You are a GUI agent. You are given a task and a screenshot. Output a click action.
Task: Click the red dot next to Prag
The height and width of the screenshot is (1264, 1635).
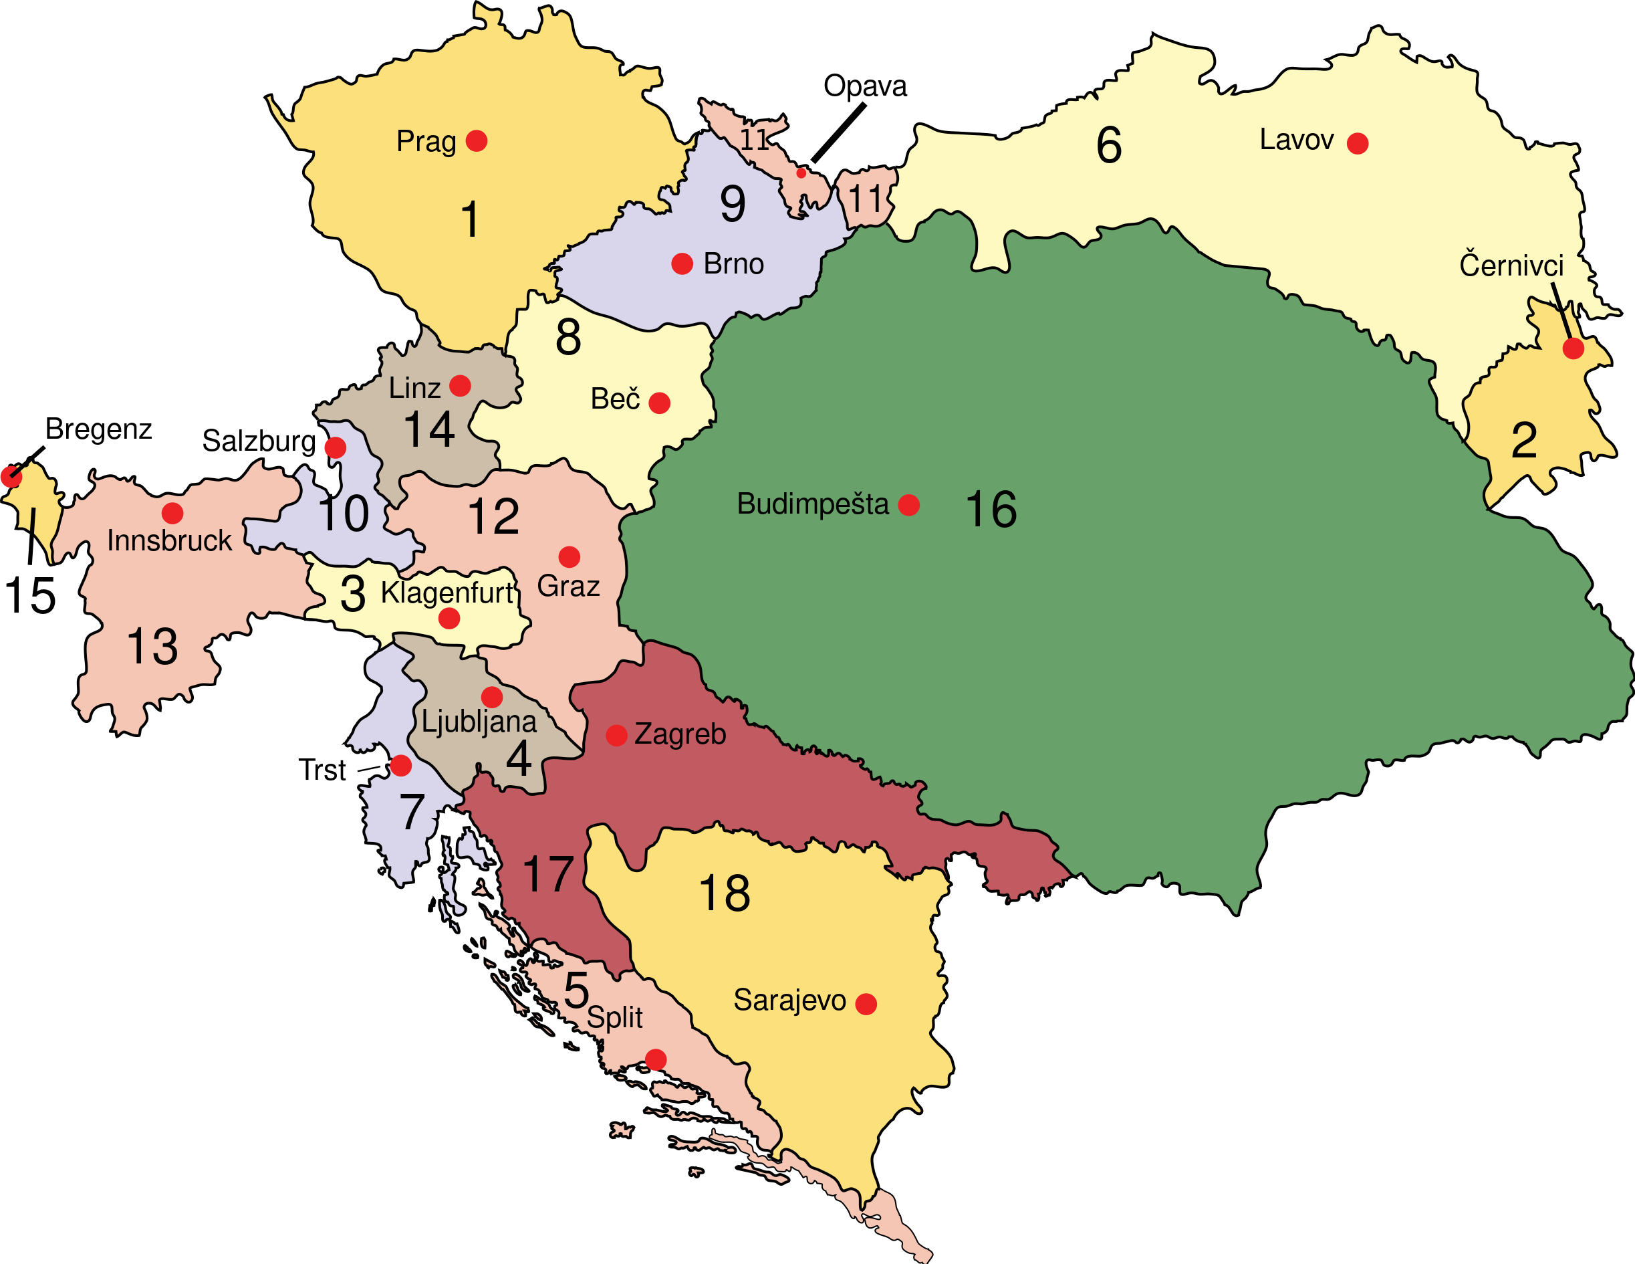477,140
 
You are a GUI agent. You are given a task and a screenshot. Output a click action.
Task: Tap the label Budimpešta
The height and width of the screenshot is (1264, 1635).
812,504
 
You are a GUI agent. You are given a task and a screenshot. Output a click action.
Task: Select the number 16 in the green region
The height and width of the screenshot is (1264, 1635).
991,510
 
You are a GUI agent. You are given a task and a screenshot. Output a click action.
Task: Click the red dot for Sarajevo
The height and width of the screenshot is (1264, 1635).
866,1004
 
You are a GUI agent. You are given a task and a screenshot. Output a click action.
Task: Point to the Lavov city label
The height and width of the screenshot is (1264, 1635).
1296,140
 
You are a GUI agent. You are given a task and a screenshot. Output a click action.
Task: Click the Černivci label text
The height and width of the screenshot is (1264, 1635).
1511,266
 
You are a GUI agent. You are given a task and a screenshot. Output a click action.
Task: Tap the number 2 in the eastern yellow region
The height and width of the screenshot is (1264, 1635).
1524,440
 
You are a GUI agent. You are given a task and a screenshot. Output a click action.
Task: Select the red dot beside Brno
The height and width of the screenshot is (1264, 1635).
682,264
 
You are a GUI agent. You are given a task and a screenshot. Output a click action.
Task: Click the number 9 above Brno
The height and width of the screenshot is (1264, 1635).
732,205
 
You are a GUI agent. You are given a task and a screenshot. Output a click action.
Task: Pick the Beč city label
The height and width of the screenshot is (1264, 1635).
614,399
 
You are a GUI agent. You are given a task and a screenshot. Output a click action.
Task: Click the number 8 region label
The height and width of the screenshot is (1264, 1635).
568,337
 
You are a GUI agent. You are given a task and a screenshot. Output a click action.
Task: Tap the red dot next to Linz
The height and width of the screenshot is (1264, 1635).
460,386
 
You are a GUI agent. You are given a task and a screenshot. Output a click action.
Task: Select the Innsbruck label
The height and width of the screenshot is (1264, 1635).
169,540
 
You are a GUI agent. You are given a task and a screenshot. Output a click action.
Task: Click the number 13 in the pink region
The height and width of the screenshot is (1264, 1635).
152,646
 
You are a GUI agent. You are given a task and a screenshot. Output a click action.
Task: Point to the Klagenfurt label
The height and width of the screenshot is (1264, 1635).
447,593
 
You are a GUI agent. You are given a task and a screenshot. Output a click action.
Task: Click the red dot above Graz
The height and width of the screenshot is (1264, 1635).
569,557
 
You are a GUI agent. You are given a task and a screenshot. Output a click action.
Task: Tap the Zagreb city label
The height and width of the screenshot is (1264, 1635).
680,734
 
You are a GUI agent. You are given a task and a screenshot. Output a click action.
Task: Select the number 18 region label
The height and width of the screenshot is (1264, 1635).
724,893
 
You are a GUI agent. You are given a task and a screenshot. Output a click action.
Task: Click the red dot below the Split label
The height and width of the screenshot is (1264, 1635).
656,1059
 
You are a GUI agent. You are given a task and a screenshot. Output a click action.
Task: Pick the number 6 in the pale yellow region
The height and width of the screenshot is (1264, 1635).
1109,145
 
